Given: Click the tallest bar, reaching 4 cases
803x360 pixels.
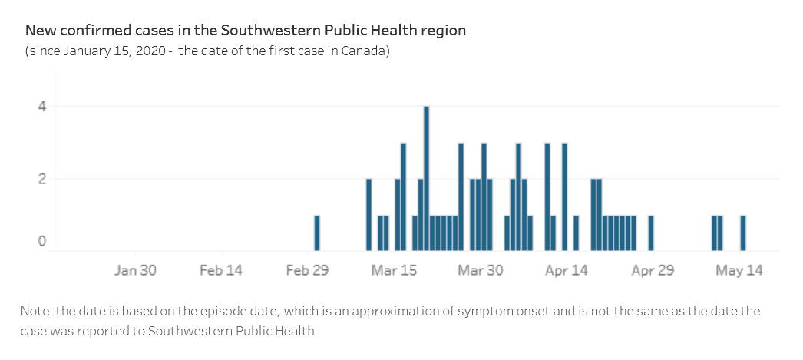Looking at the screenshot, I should pyautogui.click(x=426, y=178).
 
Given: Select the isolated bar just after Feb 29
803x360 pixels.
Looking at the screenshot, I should pyautogui.click(x=317, y=233).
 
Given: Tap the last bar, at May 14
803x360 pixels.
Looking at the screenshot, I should pyautogui.click(x=743, y=233).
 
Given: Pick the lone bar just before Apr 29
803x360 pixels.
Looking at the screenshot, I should pyautogui.click(x=651, y=233).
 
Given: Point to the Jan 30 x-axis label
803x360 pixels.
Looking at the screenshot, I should pyautogui.click(x=135, y=270).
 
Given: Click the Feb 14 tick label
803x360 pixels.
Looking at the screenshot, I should pyautogui.click(x=221, y=270).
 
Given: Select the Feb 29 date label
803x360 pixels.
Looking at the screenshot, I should pyautogui.click(x=308, y=270).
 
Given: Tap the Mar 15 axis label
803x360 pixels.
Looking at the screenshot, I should pyautogui.click(x=394, y=270).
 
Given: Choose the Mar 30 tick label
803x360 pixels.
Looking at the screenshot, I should pyautogui.click(x=481, y=270).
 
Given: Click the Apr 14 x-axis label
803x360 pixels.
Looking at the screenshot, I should pyautogui.click(x=567, y=270).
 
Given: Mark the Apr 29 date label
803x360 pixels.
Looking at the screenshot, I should pyautogui.click(x=653, y=270).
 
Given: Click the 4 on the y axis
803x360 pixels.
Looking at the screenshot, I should pyautogui.click(x=43, y=107).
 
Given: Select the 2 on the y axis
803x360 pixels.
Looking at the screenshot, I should pyautogui.click(x=43, y=179).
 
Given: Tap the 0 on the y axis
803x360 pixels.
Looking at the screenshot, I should pyautogui.click(x=43, y=242).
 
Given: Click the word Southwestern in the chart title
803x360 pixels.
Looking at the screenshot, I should pyautogui.click(x=263, y=31).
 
